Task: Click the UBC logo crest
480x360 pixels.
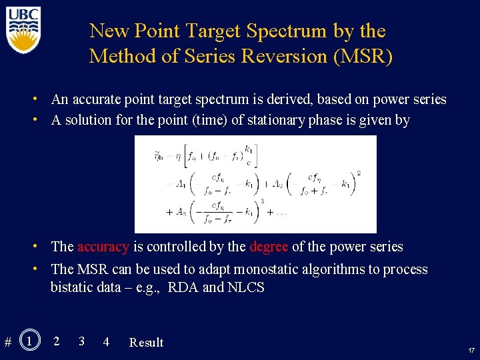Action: [24, 31]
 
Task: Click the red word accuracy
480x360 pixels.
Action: [103, 247]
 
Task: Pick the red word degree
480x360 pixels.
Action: [269, 247]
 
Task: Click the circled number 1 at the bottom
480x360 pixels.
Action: [29, 341]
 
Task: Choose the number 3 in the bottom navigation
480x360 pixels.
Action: [81, 341]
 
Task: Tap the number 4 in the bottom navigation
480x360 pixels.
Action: [106, 342]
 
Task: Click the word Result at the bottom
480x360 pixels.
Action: [146, 343]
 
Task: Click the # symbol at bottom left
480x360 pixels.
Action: [7, 343]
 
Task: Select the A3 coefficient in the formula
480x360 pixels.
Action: [181, 212]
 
